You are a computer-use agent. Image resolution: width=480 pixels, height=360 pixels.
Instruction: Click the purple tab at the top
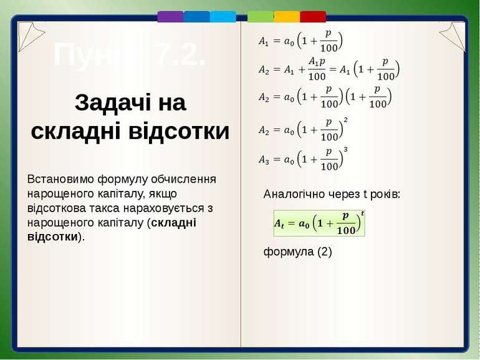(170, 17)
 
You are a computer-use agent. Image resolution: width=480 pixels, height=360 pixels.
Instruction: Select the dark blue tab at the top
(196, 17)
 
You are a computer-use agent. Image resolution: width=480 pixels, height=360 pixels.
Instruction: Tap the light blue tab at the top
(223, 17)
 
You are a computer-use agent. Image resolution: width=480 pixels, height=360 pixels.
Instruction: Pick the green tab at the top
(261, 17)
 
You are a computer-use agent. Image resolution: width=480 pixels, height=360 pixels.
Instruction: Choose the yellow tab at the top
(287, 17)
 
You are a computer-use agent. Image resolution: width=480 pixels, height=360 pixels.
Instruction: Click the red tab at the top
(313, 17)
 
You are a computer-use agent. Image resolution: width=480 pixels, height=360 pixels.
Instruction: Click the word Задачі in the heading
(104, 104)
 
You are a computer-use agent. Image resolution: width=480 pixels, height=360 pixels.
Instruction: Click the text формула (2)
(298, 251)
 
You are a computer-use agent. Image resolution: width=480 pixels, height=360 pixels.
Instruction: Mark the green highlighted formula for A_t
(319, 223)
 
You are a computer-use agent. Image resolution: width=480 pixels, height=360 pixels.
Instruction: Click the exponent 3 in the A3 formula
(346, 150)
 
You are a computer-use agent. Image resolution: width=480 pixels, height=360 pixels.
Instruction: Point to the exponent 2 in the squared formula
(346, 120)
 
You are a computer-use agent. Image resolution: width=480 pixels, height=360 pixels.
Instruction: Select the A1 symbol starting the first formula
(265, 42)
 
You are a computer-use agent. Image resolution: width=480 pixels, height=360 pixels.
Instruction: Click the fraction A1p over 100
(317, 69)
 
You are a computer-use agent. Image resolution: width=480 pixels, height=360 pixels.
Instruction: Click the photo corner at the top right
(451, 36)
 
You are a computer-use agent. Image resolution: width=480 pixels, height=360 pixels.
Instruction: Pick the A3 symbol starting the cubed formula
(265, 160)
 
